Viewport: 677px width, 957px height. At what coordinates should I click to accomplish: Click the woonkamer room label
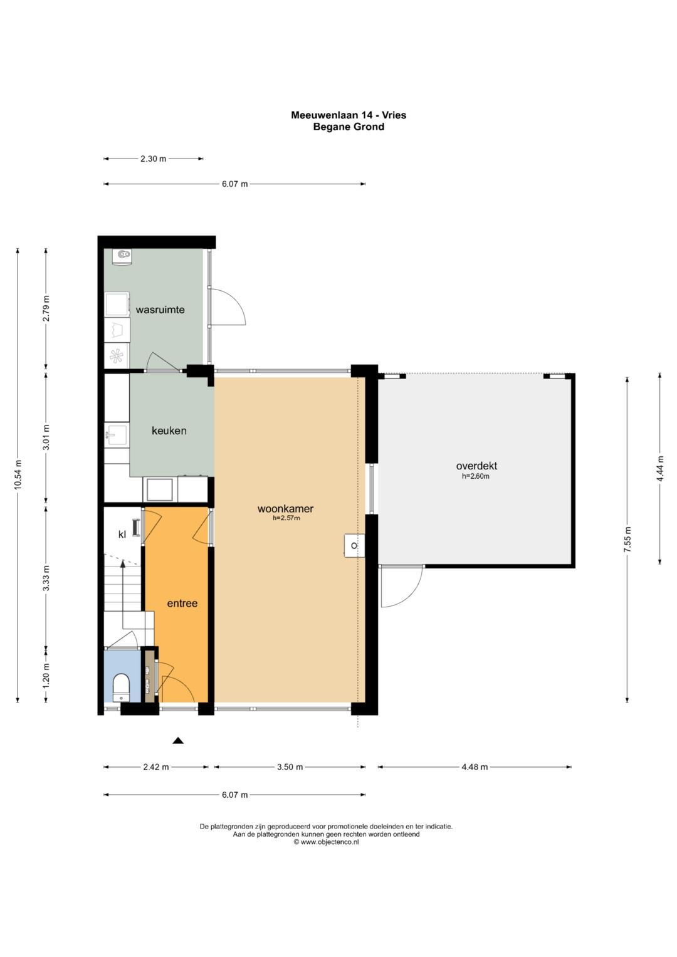point(285,508)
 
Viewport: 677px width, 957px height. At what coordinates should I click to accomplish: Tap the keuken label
point(169,431)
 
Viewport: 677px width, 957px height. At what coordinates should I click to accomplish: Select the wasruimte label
point(160,310)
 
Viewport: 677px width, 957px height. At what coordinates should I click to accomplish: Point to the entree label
point(182,604)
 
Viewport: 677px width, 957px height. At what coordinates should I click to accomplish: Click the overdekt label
point(476,466)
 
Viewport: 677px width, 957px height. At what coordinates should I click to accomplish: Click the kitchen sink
point(116,436)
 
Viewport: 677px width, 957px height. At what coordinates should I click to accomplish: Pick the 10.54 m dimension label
point(18,476)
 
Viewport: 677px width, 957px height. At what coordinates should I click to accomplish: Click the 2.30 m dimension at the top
point(153,159)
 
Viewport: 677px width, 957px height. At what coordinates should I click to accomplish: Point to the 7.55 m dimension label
point(627,540)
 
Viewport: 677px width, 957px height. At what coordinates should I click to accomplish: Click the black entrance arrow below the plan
point(178,740)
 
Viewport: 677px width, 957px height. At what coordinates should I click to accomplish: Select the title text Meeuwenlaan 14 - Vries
point(349,115)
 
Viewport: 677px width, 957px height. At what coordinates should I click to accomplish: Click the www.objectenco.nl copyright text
point(326,842)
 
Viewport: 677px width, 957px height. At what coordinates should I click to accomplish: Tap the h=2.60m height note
point(475,476)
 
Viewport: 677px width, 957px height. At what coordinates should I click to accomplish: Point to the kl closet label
point(122,534)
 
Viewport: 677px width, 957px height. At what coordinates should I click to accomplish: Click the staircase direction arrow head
point(123,564)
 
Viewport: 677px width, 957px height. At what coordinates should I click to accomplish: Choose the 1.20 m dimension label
point(46,674)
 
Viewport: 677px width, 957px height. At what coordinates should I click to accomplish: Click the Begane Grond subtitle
point(349,127)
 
